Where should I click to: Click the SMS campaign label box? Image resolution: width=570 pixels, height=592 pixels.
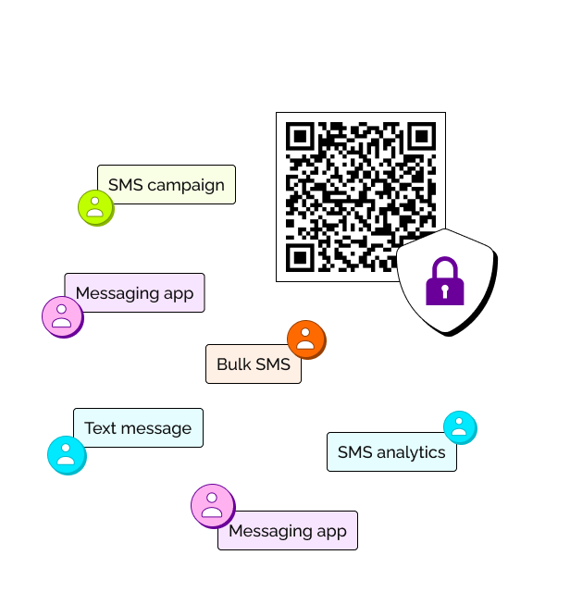click(x=167, y=184)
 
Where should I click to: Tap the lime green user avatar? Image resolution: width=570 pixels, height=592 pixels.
click(x=94, y=207)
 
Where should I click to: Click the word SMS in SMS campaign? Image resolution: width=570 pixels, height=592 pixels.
click(x=125, y=185)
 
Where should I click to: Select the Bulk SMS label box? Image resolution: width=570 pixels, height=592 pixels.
click(x=253, y=364)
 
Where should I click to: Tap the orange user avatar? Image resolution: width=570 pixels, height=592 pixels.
click(x=305, y=339)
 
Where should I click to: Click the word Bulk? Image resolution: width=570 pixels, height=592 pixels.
click(x=233, y=364)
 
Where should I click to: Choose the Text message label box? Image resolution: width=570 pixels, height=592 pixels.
click(x=138, y=427)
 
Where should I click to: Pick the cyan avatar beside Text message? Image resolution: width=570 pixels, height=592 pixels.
click(x=66, y=454)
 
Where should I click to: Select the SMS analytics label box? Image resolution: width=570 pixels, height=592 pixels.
click(x=391, y=451)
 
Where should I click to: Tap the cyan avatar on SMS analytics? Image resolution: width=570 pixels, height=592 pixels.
click(x=459, y=426)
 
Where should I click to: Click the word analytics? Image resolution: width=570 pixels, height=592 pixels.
click(x=410, y=452)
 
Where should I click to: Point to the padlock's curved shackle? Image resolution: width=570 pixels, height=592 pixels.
click(x=444, y=268)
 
